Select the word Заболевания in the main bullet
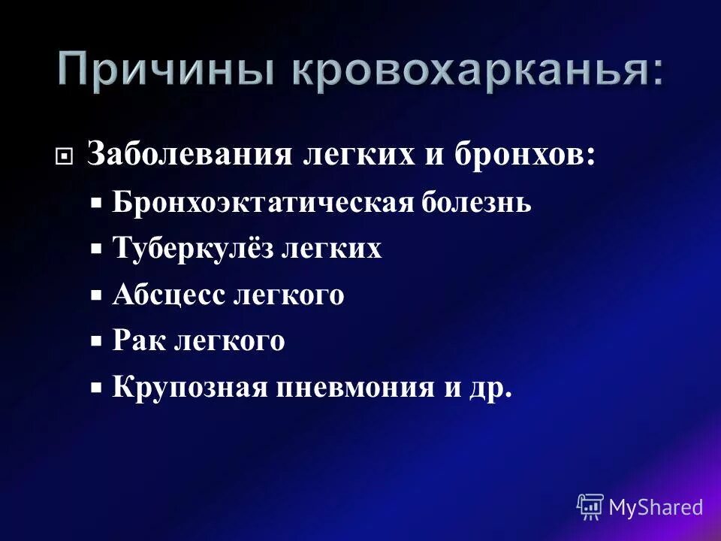189,156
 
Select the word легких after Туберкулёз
331,249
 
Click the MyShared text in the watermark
656,507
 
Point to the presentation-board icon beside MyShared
590,507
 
